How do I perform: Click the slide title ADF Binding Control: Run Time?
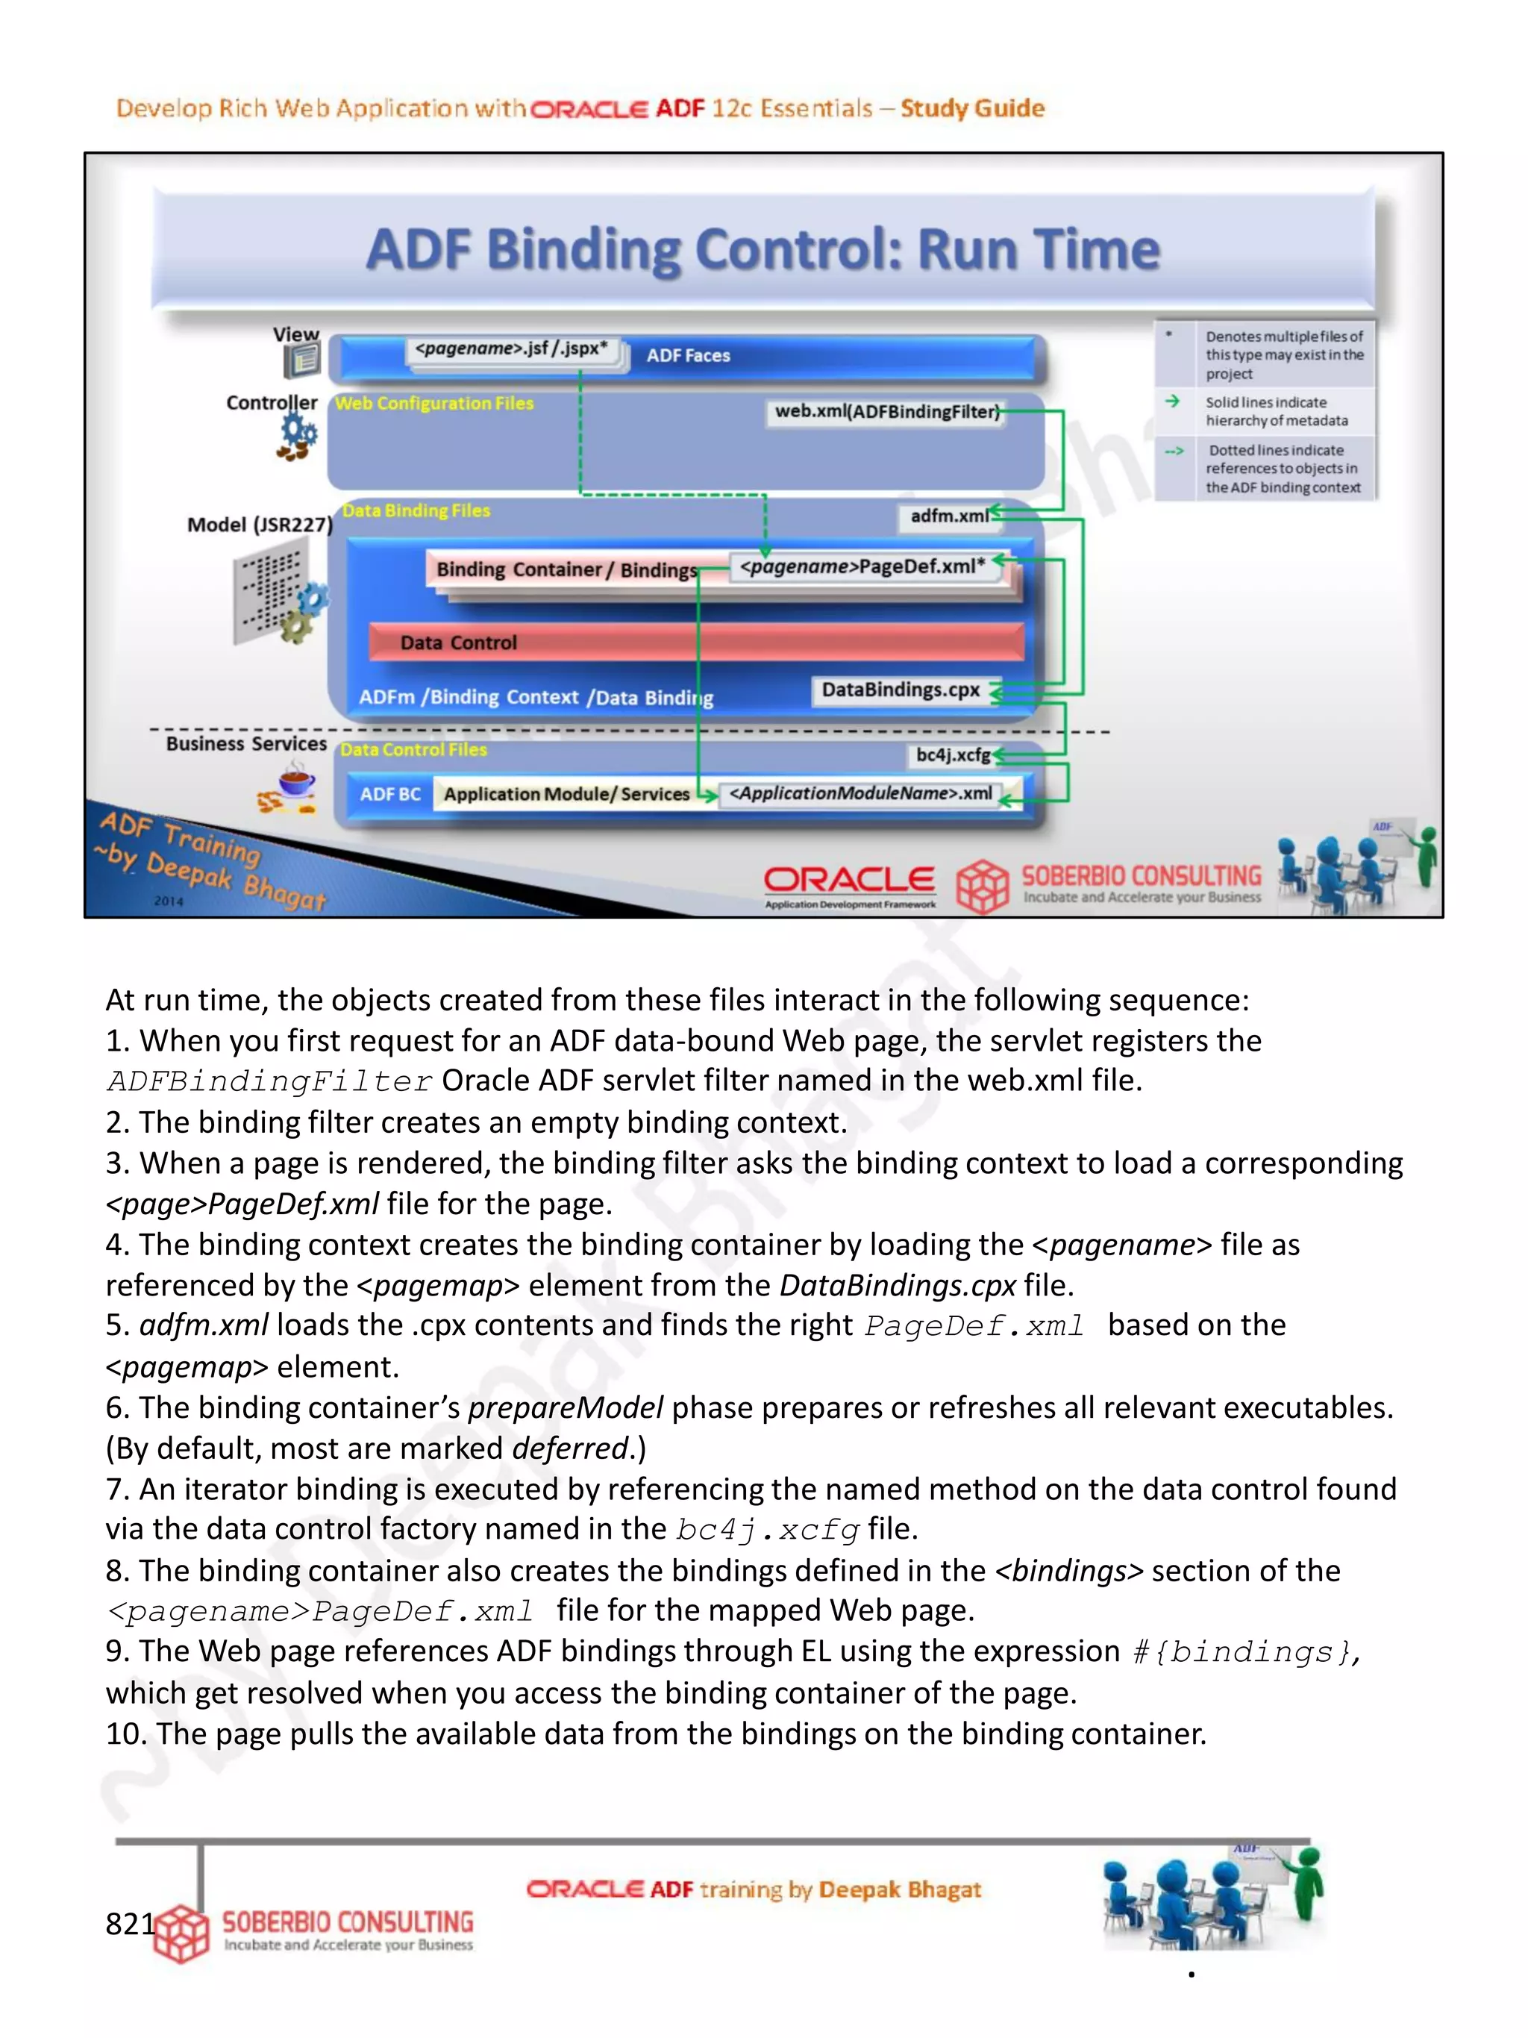pos(762,250)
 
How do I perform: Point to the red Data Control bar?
pos(695,643)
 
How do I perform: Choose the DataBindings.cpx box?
pos(900,690)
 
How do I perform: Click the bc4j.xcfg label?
pos(951,754)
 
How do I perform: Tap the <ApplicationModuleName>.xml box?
pos(860,793)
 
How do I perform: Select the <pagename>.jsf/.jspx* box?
pos(511,349)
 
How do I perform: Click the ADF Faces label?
pos(687,356)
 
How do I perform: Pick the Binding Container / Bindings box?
pos(565,569)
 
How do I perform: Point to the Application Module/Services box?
pos(566,794)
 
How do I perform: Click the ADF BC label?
pos(389,794)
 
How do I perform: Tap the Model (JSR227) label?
pos(259,525)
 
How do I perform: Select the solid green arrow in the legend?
pos(1171,401)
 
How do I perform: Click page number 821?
pos(130,1923)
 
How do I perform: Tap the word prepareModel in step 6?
pos(565,1408)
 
